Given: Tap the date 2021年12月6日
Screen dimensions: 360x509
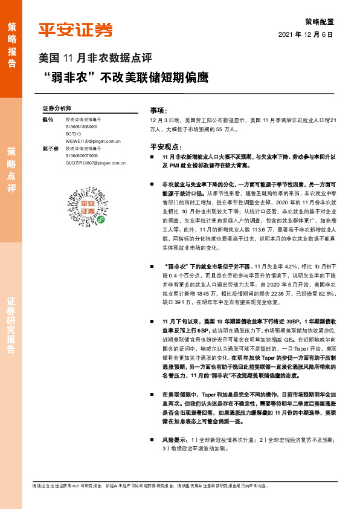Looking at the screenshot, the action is [x=306, y=35].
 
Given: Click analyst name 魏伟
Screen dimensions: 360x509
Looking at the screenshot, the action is [x=48, y=120].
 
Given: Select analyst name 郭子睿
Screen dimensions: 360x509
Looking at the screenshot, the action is [x=48, y=148].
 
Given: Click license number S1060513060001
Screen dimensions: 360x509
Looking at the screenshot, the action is [x=86, y=128].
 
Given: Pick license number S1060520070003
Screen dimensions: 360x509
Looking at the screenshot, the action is [x=86, y=155].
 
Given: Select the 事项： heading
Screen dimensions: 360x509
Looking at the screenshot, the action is [x=158, y=111].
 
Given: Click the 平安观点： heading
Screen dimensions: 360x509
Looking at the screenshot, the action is [x=164, y=147].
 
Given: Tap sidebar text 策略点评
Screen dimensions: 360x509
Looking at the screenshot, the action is [x=11, y=170].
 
